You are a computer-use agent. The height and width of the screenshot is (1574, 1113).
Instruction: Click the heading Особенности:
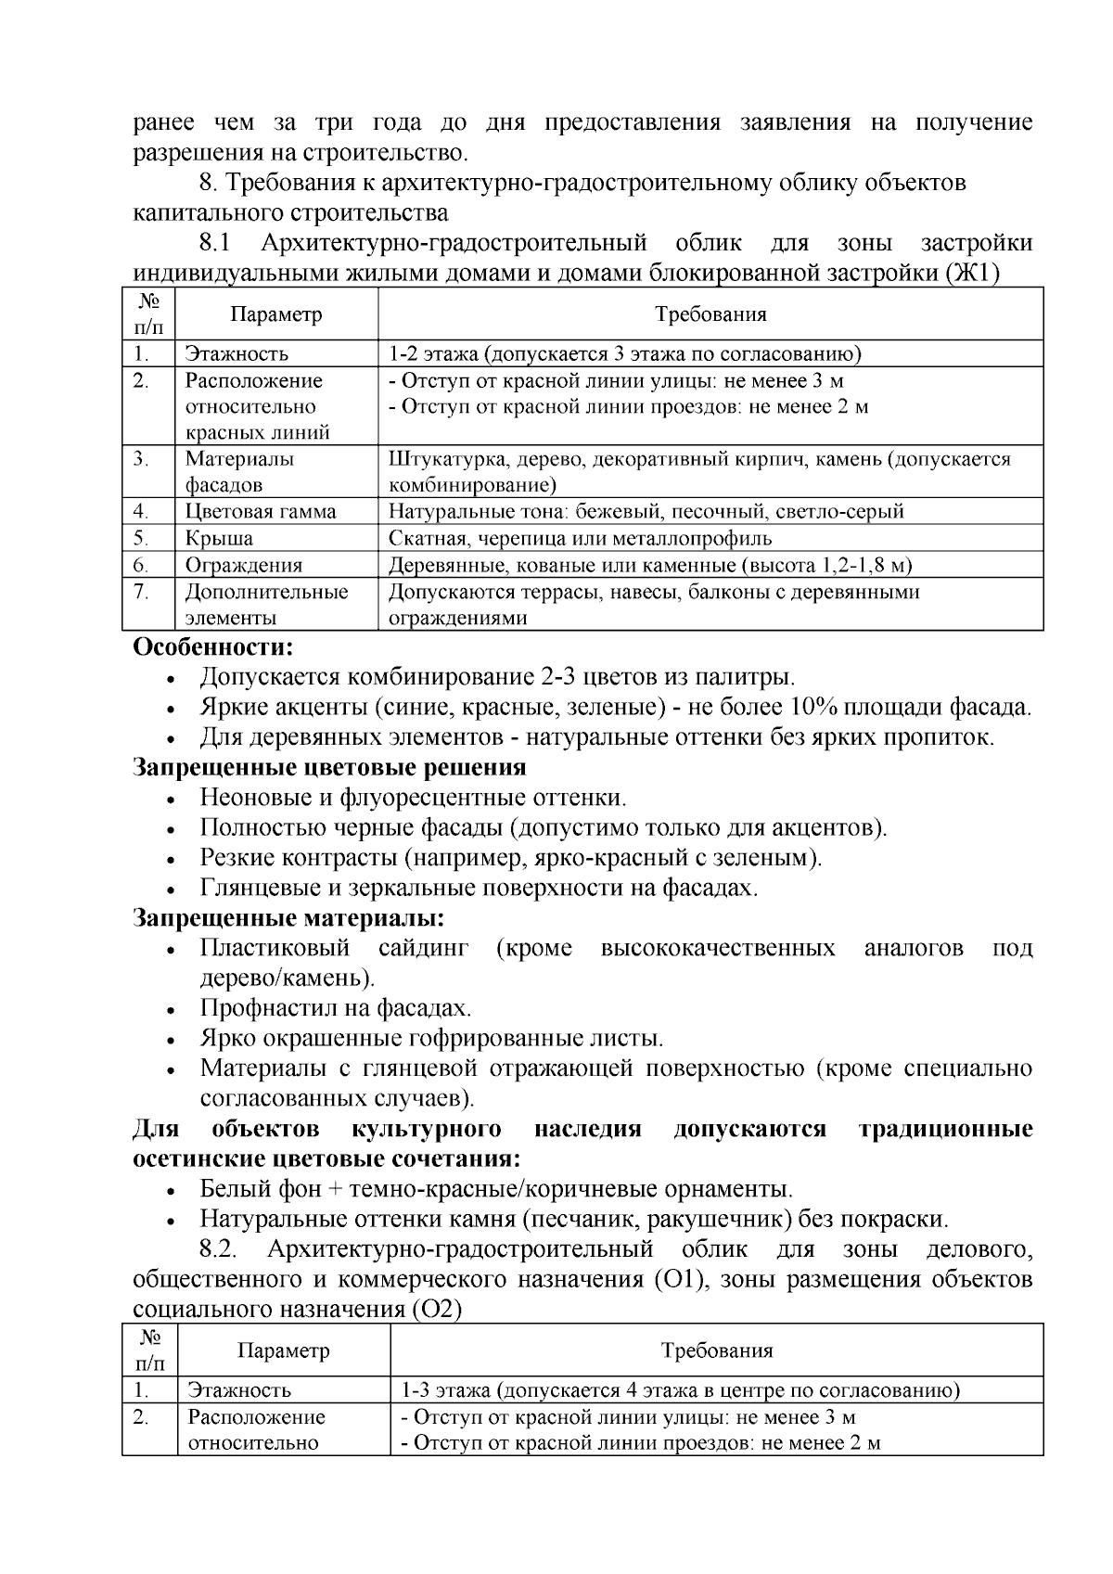pos(213,646)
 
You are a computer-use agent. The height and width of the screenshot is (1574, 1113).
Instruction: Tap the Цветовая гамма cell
pos(260,512)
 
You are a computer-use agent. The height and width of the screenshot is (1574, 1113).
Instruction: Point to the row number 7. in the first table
pos(141,592)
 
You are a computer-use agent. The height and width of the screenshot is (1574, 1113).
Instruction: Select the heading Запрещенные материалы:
pos(288,919)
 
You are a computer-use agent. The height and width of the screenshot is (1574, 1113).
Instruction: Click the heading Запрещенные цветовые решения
pos(329,768)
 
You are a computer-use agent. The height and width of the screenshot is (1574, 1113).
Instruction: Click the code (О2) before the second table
pos(435,1310)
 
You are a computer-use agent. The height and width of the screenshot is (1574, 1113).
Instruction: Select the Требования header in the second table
pos(716,1350)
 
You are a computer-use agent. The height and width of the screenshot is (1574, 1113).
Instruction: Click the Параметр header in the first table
pos(275,314)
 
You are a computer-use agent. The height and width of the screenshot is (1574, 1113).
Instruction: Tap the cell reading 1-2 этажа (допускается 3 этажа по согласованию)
pos(624,354)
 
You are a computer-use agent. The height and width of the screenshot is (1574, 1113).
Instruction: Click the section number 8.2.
pos(219,1249)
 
